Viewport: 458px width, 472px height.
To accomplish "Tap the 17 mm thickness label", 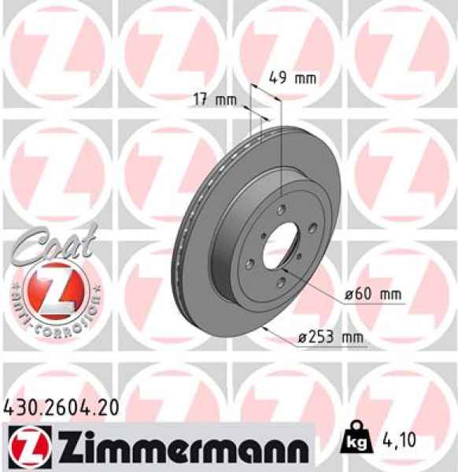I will pos(215,100).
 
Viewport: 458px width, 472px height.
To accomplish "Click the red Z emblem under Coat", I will pos(50,292).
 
